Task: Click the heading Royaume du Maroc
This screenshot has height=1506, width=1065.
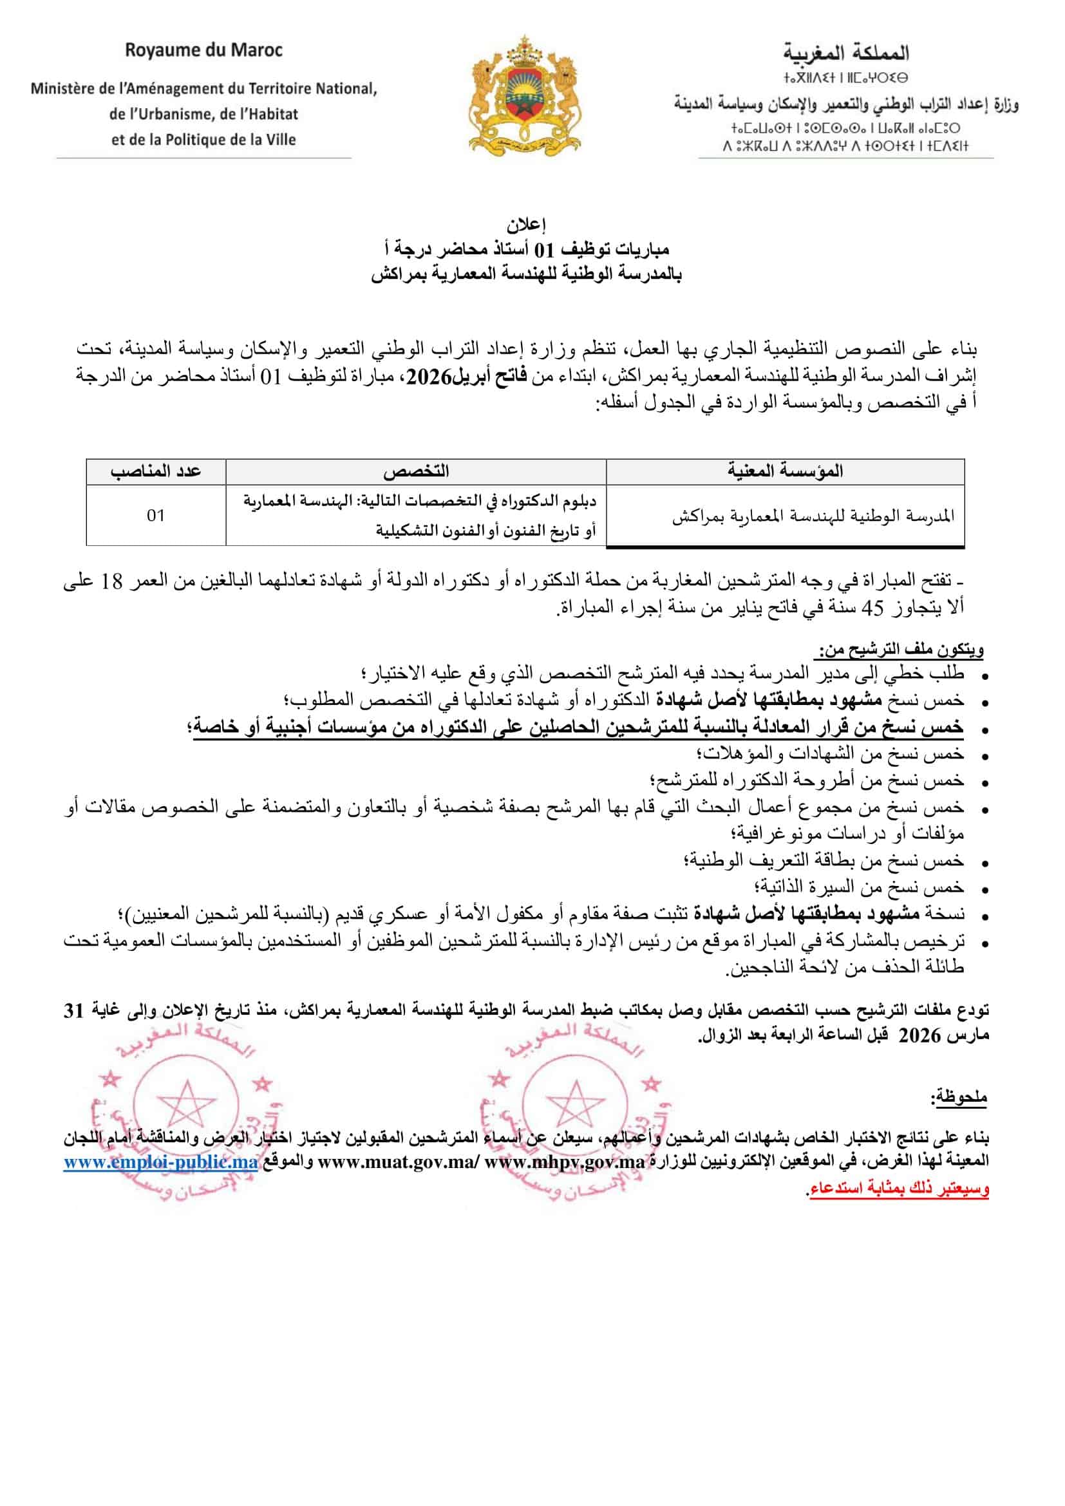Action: pos(204,50)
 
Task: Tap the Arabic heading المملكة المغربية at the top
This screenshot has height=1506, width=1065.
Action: pos(846,52)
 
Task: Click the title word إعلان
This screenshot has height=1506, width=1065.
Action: pos(526,225)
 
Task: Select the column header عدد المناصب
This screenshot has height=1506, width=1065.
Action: pos(155,471)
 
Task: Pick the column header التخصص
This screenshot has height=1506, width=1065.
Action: pos(416,471)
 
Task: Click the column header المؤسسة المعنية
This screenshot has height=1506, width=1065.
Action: pos(785,471)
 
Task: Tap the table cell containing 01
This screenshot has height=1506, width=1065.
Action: pos(155,516)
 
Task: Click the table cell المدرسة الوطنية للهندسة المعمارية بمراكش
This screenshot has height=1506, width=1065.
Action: pos(813,516)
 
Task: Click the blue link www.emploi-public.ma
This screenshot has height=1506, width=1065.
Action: pos(160,1162)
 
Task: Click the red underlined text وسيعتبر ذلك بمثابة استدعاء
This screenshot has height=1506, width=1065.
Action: pos(899,1189)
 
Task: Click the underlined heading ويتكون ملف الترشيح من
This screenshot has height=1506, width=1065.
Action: pos(900,650)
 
